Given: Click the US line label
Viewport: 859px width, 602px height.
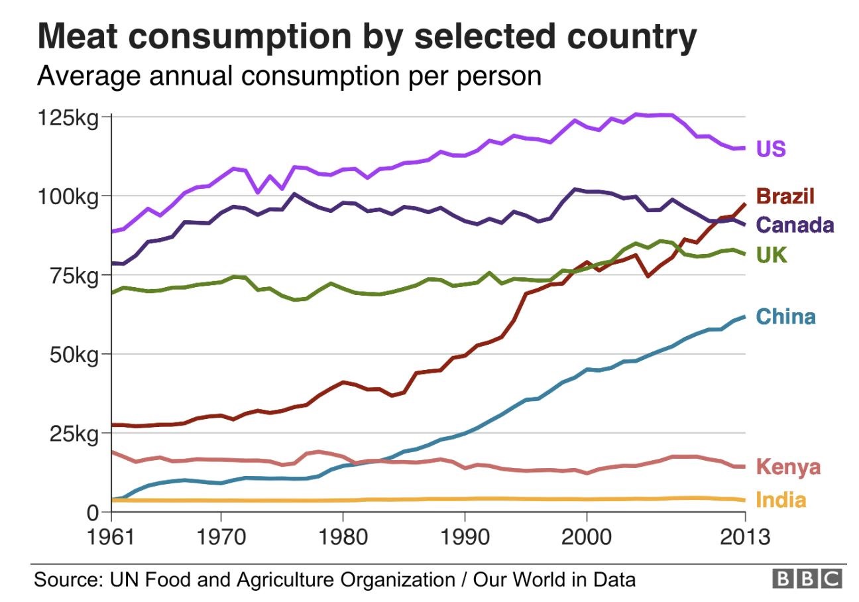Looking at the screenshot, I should pyautogui.click(x=771, y=149).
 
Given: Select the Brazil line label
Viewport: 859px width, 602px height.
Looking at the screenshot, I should pyautogui.click(x=785, y=196).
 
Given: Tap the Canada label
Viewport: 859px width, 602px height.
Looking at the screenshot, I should pyautogui.click(x=795, y=225).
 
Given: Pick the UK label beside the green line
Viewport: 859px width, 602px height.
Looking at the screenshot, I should pyautogui.click(x=771, y=255).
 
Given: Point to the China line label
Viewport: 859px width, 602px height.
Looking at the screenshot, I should pyautogui.click(x=786, y=317).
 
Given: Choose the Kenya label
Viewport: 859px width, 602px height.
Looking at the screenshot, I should pyautogui.click(x=788, y=467).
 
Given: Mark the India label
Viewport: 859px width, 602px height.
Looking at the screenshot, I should pyautogui.click(x=781, y=500).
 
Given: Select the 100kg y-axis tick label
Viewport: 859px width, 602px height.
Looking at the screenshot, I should pyautogui.click(x=69, y=196).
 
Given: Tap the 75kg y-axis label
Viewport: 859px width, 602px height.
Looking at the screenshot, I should pyautogui.click(x=74, y=275).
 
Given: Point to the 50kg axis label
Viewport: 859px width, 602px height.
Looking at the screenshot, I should pyautogui.click(x=74, y=354).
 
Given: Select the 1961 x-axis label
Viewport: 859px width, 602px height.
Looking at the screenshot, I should pyautogui.click(x=111, y=536).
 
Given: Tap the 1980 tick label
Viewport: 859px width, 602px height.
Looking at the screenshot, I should pyautogui.click(x=343, y=536).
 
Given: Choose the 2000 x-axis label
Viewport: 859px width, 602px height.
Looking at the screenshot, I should pyautogui.click(x=586, y=536).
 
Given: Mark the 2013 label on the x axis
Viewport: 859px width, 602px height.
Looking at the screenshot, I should pyautogui.click(x=745, y=536).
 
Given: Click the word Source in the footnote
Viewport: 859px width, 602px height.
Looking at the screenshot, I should pyautogui.click(x=65, y=580).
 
